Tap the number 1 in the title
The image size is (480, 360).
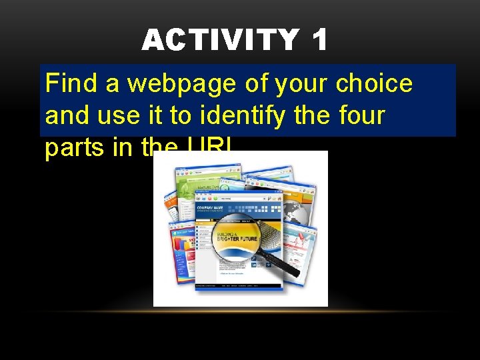click(319, 41)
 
